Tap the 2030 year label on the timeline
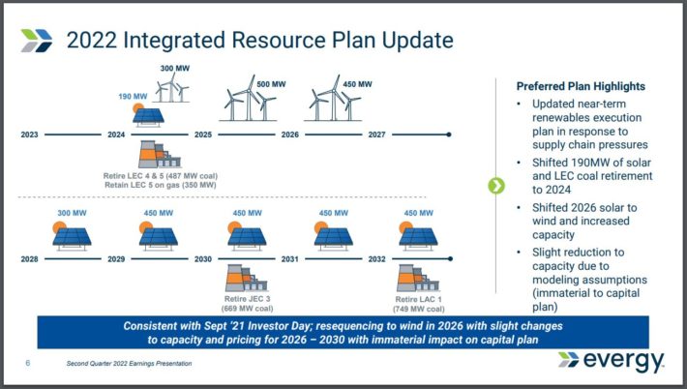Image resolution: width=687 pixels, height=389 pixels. [x=202, y=259]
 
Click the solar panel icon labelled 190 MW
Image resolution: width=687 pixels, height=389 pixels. [x=148, y=116]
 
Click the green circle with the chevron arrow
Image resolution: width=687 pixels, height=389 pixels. [x=496, y=186]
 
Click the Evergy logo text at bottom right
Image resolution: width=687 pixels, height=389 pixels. [x=622, y=361]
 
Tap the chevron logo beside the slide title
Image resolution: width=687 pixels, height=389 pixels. [x=37, y=40]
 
